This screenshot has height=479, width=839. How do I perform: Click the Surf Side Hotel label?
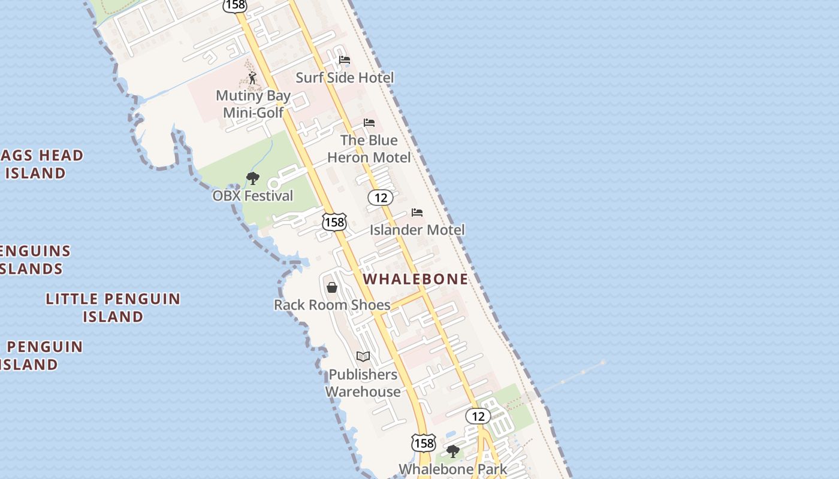point(345,78)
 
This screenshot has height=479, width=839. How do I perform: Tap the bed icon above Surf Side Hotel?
point(345,60)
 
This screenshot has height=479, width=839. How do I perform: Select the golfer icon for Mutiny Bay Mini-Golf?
point(252,78)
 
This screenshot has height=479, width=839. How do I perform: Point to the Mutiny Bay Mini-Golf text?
point(253,104)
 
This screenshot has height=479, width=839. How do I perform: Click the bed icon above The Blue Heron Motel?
point(369,123)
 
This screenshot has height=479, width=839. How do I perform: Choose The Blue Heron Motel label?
point(369,148)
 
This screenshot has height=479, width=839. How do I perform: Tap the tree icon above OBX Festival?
point(253,178)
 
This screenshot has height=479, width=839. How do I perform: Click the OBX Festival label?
point(253,196)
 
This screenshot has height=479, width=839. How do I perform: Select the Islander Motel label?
point(417,230)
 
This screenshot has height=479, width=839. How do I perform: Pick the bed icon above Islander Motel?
point(417,213)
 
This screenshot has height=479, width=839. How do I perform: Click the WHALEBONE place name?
point(416,279)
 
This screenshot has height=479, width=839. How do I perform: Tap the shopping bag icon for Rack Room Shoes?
point(332,288)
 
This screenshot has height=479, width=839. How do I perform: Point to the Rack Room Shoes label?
point(332,305)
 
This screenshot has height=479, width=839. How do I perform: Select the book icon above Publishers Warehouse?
point(363,357)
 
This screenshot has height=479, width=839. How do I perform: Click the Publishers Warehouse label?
point(363,383)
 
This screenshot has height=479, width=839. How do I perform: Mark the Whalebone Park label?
point(452,469)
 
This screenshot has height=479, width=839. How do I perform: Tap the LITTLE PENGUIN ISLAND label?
point(113,307)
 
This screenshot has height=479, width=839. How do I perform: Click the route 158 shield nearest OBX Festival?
point(334,222)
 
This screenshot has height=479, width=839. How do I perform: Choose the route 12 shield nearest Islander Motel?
point(380,197)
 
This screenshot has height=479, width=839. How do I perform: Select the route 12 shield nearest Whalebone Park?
point(478,416)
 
